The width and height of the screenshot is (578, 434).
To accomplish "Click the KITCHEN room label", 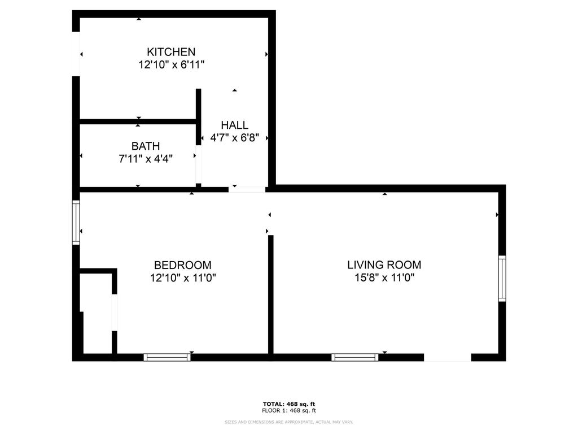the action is [171, 51].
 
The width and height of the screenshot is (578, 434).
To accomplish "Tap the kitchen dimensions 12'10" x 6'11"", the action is [172, 65].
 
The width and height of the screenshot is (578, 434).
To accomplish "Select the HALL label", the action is [234, 125].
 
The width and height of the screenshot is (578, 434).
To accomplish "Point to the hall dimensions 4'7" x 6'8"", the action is [234, 138].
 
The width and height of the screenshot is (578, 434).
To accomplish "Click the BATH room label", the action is [146, 146].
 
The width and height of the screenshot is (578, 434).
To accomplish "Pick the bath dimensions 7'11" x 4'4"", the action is [146, 159].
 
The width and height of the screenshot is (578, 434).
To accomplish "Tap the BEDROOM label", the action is [183, 265].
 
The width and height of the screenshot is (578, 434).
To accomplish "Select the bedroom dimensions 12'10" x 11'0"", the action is [183, 277].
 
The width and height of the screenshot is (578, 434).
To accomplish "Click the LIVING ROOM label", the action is [384, 264].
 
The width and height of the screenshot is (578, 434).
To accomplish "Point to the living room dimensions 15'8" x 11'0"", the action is [384, 277].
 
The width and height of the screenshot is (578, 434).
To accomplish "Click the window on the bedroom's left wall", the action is [76, 223].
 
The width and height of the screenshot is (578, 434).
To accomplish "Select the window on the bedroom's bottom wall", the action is [167, 357].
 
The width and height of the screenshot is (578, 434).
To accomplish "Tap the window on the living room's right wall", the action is [502, 279].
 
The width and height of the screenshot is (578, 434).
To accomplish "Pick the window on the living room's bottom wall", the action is [354, 357].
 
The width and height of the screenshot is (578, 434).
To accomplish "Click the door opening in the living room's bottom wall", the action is [448, 357].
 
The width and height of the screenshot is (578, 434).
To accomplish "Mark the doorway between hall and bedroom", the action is [247, 190].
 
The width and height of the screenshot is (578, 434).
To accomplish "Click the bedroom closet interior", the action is [96, 314].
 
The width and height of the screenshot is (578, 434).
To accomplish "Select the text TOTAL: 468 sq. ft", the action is [289, 404].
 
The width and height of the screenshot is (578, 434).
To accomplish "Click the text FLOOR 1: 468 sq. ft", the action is [289, 410].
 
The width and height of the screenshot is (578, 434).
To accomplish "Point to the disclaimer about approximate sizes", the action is [289, 422].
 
